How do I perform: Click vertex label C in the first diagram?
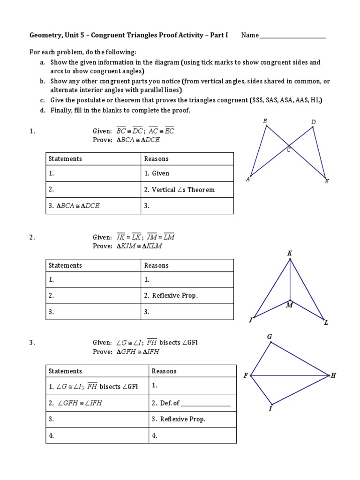pyautogui.click(x=289, y=150)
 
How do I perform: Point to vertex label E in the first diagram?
pyautogui.click(x=327, y=181)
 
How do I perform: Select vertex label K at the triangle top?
pyautogui.click(x=290, y=254)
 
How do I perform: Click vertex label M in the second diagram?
pyautogui.click(x=289, y=306)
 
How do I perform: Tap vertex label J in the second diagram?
pyautogui.click(x=251, y=320)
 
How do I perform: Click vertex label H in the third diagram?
pyautogui.click(x=333, y=375)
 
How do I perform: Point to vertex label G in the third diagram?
pyautogui.click(x=270, y=337)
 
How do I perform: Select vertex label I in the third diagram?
pyautogui.click(x=270, y=409)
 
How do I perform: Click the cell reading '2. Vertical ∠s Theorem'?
pyautogui.click(x=179, y=190)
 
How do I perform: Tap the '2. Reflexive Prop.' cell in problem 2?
pyautogui.click(x=171, y=296)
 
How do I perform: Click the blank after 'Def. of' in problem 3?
pyautogui.click(x=205, y=403)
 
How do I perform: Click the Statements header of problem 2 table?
pyautogui.click(x=65, y=265)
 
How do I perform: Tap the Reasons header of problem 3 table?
pyautogui.click(x=164, y=371)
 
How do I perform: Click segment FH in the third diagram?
pyautogui.click(x=291, y=375)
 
